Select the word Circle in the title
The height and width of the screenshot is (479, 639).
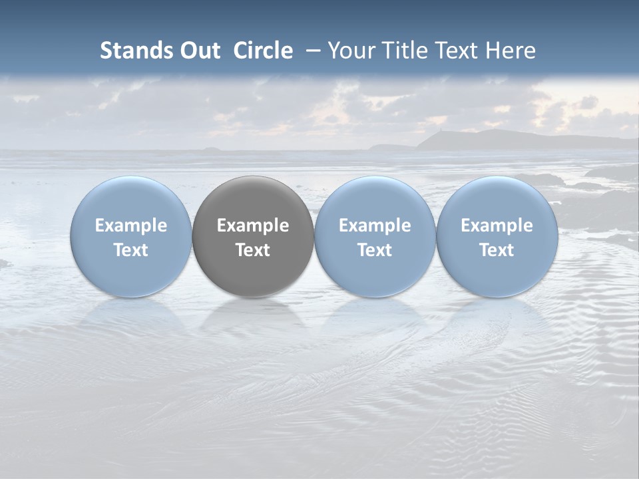[x=263, y=51]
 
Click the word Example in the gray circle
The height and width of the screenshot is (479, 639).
[x=253, y=226]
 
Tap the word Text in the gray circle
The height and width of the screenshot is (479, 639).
[x=253, y=250]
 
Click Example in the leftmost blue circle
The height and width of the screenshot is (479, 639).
[x=130, y=226]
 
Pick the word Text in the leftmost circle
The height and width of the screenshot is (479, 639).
[x=130, y=250]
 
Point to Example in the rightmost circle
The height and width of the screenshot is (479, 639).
[x=497, y=226]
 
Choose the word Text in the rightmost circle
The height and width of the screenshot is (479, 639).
[x=497, y=250]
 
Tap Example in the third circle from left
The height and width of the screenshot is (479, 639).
[x=375, y=226]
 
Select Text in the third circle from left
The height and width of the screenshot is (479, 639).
[x=375, y=250]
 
